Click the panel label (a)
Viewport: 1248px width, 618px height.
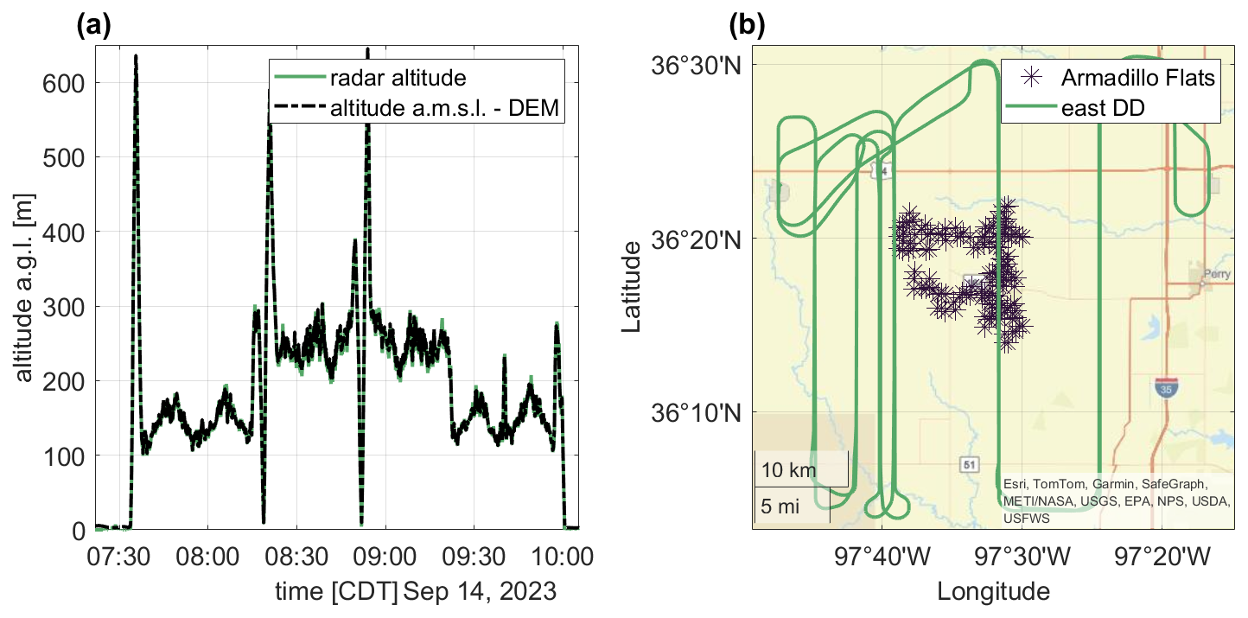(x=93, y=27)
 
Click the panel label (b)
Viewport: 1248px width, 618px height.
(x=746, y=27)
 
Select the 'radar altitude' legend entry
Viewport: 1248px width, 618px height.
(x=398, y=79)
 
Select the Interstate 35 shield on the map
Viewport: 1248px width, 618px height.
(x=1165, y=388)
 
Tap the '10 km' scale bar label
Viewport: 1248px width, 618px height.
(x=786, y=472)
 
